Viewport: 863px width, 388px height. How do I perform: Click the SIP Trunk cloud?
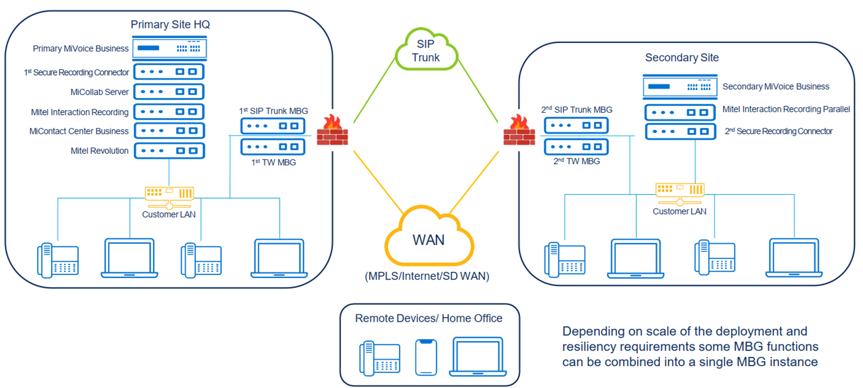click(x=426, y=51)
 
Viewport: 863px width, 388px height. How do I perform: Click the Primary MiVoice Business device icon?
click(x=169, y=48)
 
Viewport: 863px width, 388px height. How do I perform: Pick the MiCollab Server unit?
click(x=169, y=91)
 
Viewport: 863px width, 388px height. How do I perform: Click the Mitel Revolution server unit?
click(x=169, y=151)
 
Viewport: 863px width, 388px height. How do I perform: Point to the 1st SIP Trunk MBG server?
click(x=273, y=126)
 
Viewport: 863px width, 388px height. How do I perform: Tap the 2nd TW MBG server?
click(x=576, y=146)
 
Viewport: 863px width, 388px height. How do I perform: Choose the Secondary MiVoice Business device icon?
click(x=680, y=87)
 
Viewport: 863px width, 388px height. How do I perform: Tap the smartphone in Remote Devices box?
click(x=426, y=357)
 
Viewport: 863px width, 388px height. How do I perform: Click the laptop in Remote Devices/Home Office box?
click(x=478, y=357)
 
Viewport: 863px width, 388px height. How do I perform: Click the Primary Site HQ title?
click(x=170, y=25)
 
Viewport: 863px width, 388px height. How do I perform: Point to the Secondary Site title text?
click(x=682, y=57)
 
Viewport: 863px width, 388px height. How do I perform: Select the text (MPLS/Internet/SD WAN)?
click(x=427, y=276)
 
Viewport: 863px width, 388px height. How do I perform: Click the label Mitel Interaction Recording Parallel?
click(x=786, y=110)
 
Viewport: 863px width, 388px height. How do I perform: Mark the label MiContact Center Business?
click(x=79, y=131)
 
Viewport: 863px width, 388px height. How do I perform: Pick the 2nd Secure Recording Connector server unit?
click(x=680, y=131)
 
